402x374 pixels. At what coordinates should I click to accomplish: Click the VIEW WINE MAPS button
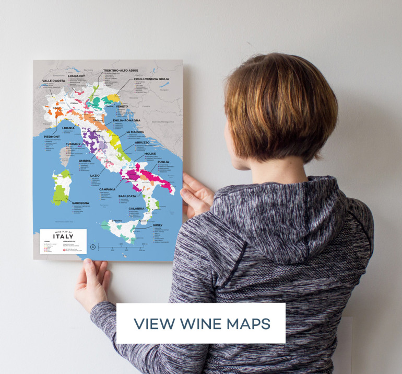tap(201, 323)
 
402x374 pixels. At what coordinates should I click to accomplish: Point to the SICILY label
tap(158, 225)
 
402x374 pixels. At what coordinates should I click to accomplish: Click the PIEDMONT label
tap(54, 137)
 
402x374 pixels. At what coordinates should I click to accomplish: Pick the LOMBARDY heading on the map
tap(76, 76)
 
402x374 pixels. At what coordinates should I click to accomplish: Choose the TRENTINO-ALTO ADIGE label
tap(121, 70)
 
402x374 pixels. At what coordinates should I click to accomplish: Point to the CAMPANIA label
tap(108, 189)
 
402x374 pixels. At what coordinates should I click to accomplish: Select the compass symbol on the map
tap(93, 246)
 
